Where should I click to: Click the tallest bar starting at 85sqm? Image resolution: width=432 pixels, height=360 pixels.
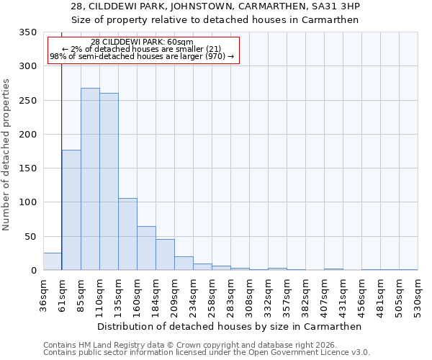click(90, 179)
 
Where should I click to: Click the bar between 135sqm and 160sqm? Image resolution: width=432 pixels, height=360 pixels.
click(127, 234)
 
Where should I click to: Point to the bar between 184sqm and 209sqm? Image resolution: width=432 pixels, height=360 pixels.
click(165, 255)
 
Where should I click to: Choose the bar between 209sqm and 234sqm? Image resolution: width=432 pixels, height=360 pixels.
click(184, 264)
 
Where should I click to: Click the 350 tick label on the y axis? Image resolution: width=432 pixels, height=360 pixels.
click(27, 32)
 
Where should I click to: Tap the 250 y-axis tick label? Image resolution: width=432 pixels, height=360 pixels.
click(27, 100)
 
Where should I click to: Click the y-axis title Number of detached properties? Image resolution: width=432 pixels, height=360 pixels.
click(7, 155)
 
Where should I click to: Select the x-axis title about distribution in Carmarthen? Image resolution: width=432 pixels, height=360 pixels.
click(230, 326)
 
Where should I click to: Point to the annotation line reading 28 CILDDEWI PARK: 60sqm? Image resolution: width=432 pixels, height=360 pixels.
click(143, 42)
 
